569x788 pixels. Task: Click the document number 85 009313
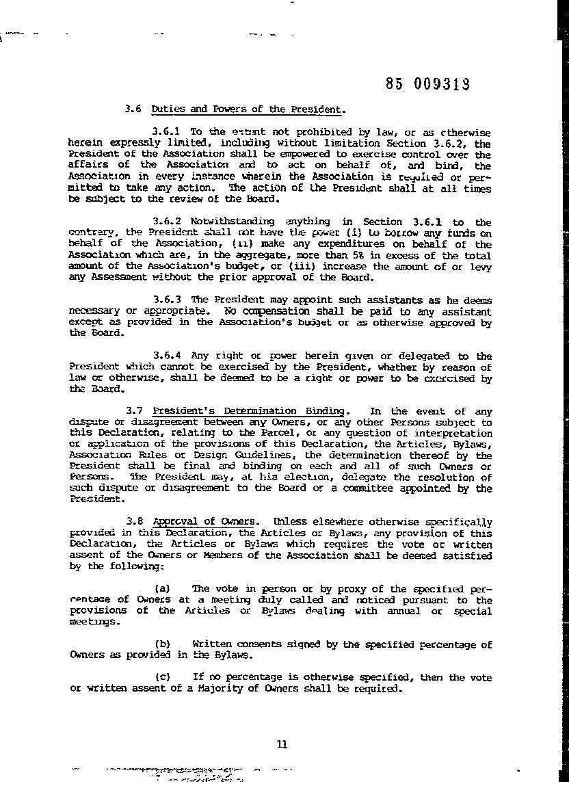point(427,84)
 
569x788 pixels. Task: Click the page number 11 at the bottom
point(282,745)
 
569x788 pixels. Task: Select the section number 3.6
point(133,109)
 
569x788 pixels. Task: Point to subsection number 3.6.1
point(168,131)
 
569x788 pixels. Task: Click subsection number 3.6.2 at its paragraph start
point(168,222)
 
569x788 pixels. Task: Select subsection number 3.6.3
point(168,300)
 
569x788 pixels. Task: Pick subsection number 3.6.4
point(168,356)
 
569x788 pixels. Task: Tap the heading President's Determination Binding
point(249,411)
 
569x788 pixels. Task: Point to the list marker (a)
point(162,588)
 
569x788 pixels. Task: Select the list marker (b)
point(162,644)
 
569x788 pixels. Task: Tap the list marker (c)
point(162,677)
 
